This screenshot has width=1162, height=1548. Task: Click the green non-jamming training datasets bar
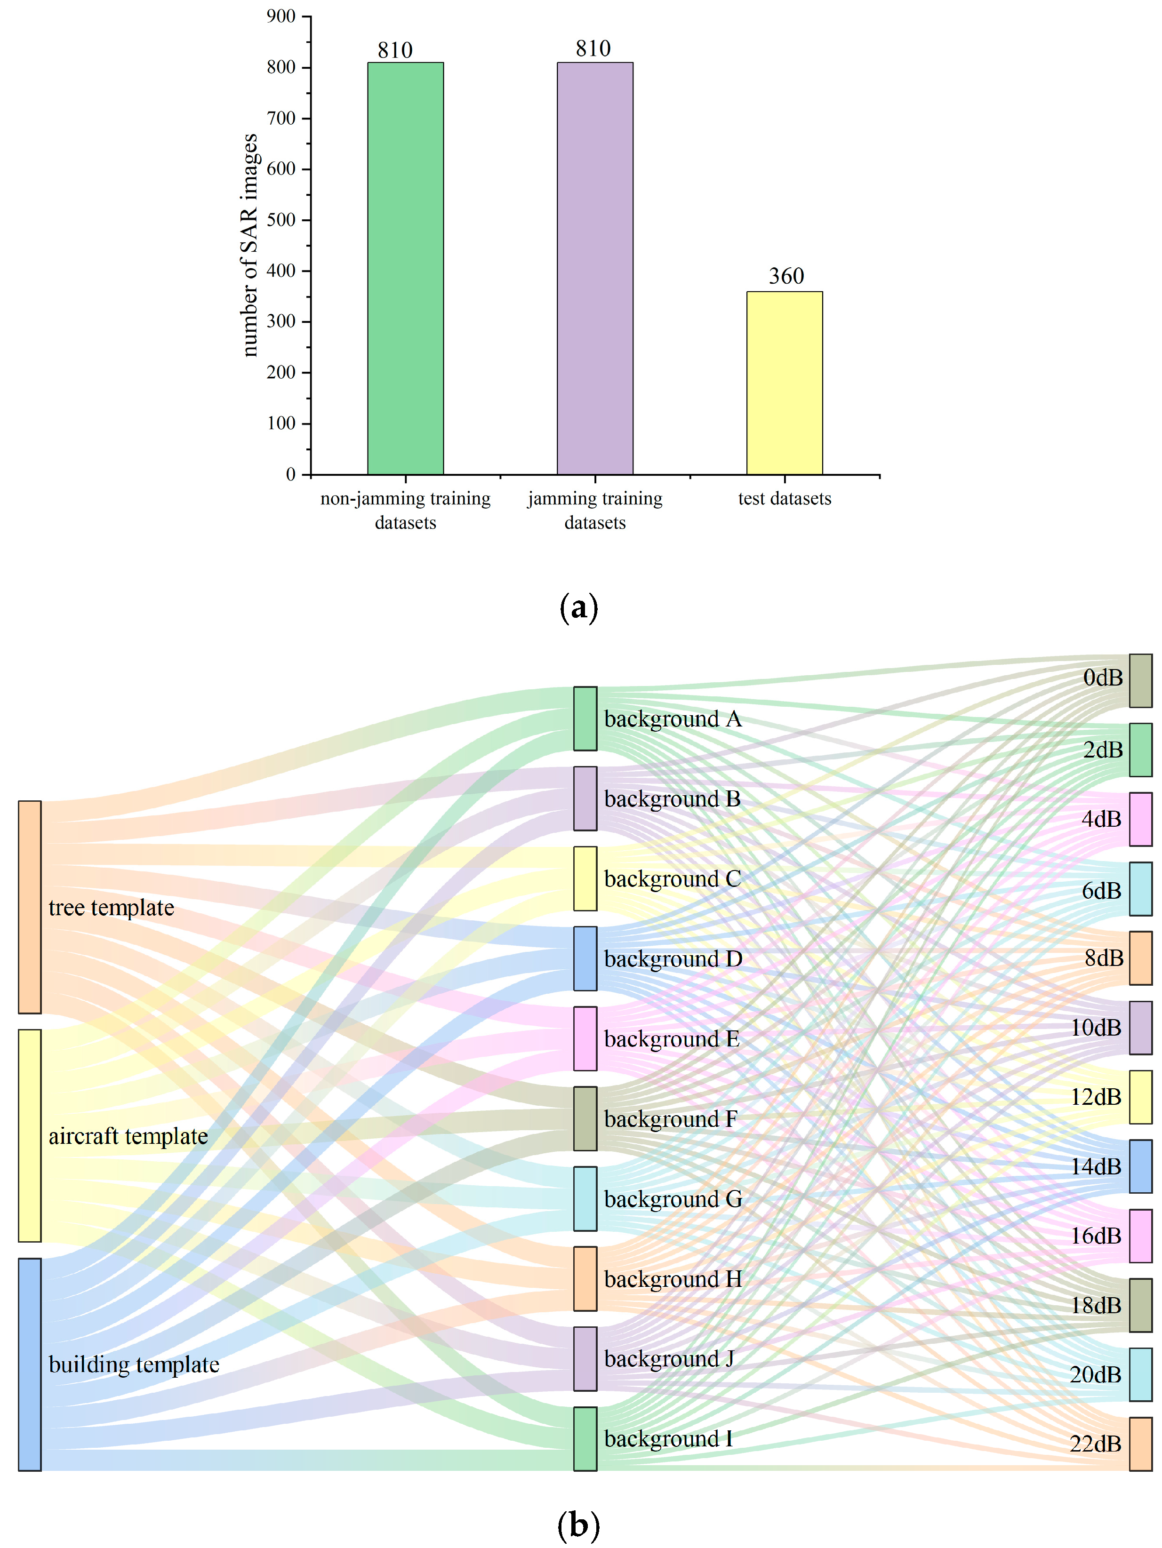click(x=405, y=268)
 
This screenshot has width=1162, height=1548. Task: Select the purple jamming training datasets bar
click(x=595, y=268)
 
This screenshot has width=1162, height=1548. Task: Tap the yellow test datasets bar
click(x=784, y=383)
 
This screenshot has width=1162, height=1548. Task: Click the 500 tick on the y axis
click(x=281, y=220)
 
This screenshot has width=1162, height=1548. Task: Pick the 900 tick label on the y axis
click(x=281, y=16)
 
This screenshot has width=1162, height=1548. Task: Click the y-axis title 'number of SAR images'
click(x=249, y=245)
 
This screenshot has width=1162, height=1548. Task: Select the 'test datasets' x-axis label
click(x=784, y=499)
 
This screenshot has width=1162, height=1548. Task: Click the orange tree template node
click(x=29, y=907)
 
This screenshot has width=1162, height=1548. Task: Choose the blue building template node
click(x=29, y=1364)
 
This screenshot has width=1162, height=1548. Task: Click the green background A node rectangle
click(x=585, y=719)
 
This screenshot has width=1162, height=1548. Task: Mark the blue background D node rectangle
click(x=585, y=959)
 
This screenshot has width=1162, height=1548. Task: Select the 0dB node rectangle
click(x=1140, y=681)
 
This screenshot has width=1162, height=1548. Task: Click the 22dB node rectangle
click(x=1140, y=1444)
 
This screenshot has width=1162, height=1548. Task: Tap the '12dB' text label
click(x=1096, y=1097)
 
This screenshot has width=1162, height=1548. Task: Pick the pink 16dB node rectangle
click(x=1140, y=1236)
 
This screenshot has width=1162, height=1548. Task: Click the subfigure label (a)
click(x=579, y=607)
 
